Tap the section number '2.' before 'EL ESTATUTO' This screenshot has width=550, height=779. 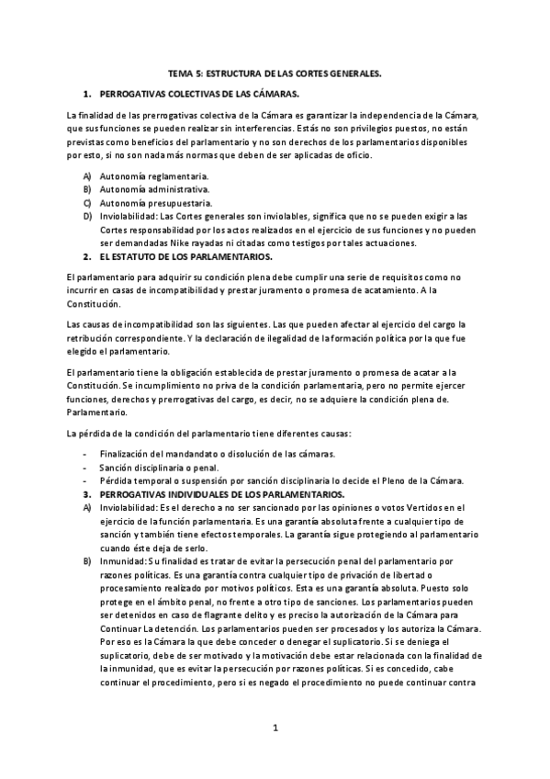(86, 256)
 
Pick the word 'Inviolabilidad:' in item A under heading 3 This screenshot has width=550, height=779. (127, 507)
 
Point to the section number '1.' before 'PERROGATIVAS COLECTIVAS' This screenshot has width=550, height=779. (86, 94)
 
